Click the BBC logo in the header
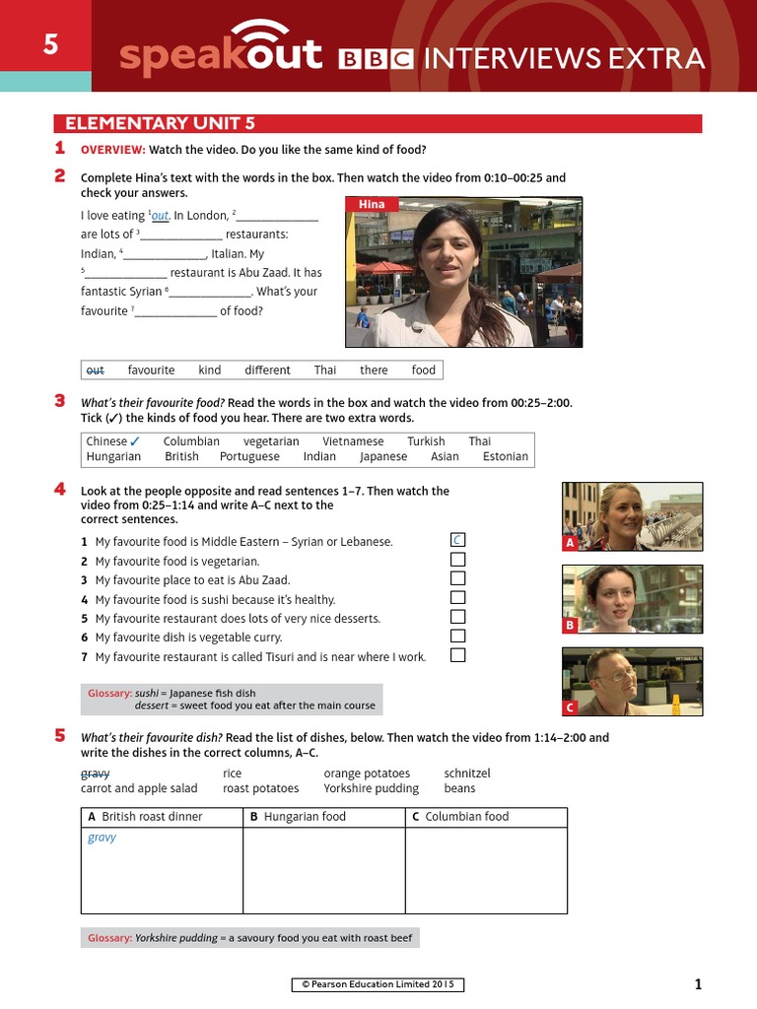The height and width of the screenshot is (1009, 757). coord(376,59)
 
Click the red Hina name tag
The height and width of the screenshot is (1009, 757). coord(372,204)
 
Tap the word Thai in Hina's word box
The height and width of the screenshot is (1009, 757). coord(325,370)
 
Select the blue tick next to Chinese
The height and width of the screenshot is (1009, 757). coord(135,441)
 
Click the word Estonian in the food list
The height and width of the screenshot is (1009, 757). coord(506,456)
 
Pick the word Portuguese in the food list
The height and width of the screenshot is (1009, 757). coord(249,456)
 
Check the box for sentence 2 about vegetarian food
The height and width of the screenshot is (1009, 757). coord(457,560)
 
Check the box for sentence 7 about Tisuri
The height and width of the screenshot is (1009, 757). coord(457,655)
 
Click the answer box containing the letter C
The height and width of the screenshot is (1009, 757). coord(457,540)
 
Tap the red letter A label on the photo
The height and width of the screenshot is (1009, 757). coord(570,543)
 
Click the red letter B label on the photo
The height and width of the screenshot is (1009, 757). coord(570,626)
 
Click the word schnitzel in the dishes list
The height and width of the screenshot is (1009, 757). coord(467,774)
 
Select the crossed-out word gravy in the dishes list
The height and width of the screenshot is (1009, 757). coord(95,774)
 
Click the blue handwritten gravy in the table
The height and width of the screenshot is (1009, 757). coord(102,838)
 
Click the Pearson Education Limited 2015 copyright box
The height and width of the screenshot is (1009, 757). coord(378,984)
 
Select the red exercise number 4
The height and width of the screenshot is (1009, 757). coord(60,490)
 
